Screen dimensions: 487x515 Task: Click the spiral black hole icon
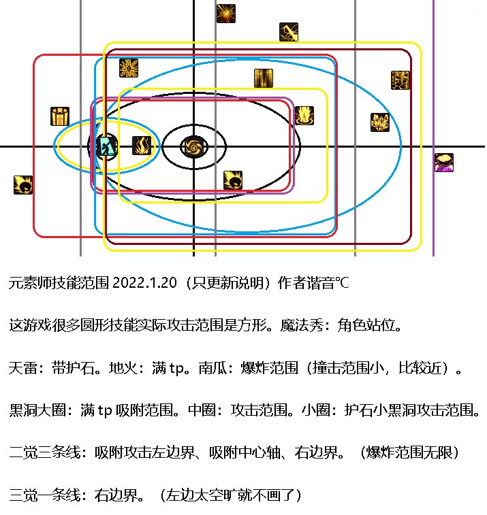click(x=194, y=146)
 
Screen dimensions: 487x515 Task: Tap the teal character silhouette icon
click(x=107, y=146)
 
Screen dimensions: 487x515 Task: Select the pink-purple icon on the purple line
click(x=444, y=163)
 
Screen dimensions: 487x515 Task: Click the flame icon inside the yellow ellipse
click(x=142, y=146)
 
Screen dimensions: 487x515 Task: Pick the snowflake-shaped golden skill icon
click(x=129, y=68)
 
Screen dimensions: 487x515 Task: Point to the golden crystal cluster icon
click(x=380, y=122)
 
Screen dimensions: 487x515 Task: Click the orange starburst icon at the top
click(x=226, y=14)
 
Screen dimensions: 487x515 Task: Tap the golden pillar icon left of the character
click(x=60, y=116)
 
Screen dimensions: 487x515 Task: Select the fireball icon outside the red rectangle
click(x=23, y=185)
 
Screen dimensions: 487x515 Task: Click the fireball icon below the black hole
click(x=233, y=180)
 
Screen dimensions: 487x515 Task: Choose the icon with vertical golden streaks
click(x=264, y=78)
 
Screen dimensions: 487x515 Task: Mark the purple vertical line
click(x=433, y=128)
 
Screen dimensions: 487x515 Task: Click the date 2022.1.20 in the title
click(x=144, y=283)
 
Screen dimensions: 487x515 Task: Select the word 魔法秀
click(x=302, y=325)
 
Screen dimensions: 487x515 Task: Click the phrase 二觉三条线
click(x=45, y=452)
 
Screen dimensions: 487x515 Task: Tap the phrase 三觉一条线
click(x=45, y=495)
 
